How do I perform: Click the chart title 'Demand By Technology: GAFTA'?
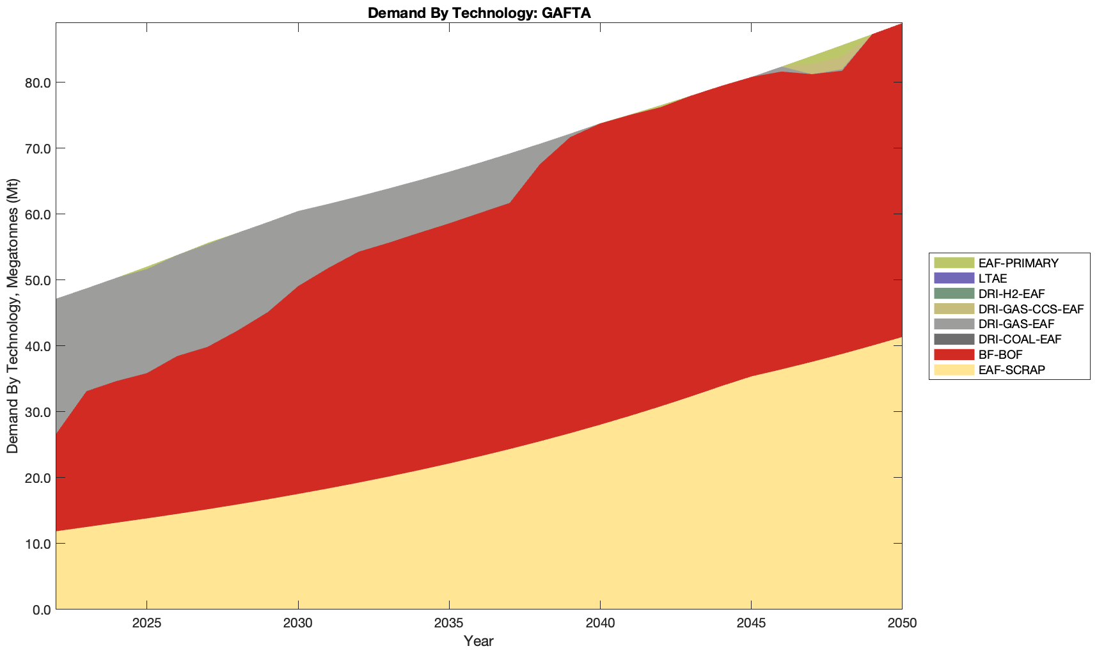tap(478, 12)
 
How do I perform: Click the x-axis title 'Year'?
tap(478, 641)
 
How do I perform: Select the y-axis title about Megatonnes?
tap(13, 316)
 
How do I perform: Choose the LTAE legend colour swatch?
tap(953, 278)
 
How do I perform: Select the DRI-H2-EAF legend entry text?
tap(1011, 294)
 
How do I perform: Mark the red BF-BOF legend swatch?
tap(953, 354)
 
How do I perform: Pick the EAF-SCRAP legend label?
tap(1011, 370)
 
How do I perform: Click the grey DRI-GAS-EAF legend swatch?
tap(953, 324)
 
